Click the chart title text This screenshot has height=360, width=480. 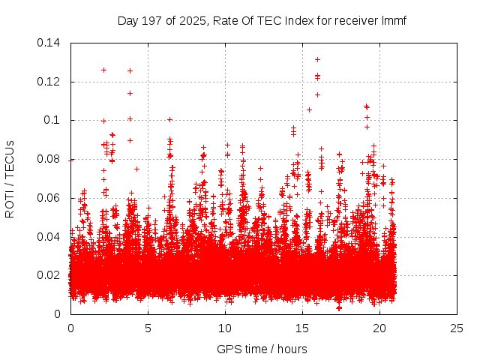[262, 20]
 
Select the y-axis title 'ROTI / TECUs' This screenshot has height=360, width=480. [10, 178]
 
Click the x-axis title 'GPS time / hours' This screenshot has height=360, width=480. [262, 349]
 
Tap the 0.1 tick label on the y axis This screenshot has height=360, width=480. [55, 120]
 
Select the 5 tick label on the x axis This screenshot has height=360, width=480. [148, 328]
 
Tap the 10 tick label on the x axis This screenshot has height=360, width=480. [225, 328]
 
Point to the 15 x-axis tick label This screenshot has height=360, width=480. [302, 328]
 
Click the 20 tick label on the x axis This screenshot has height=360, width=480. [379, 328]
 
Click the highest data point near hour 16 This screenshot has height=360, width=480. [317, 59]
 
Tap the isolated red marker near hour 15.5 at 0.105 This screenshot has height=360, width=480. [309, 109]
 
